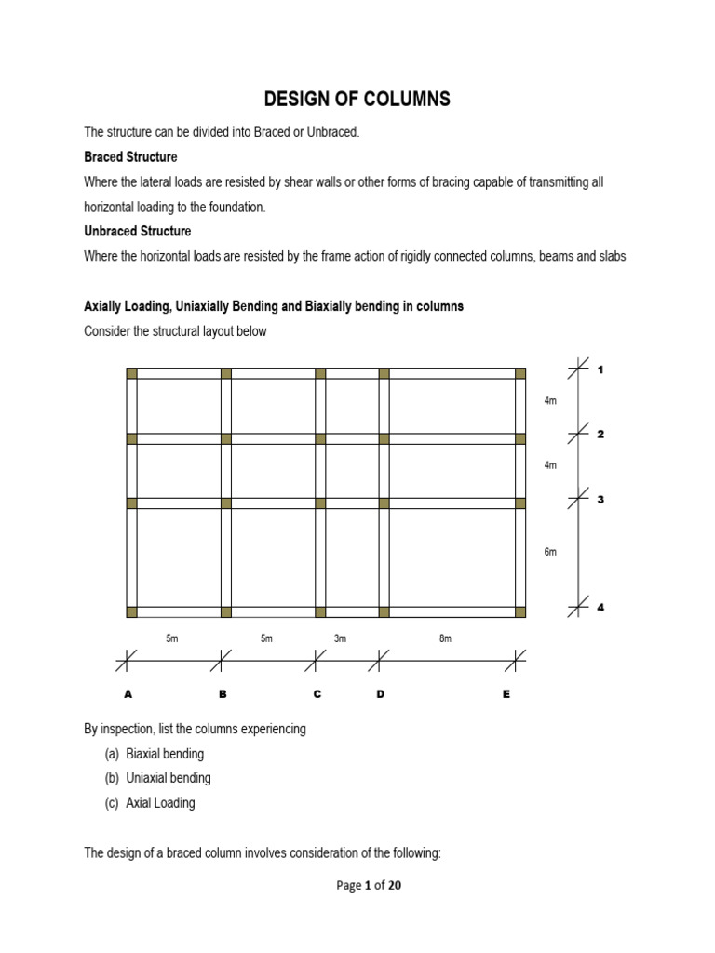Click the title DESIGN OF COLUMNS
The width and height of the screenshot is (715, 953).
tap(357, 99)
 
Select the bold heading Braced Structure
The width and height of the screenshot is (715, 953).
tap(130, 157)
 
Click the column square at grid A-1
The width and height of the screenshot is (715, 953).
tap(131, 373)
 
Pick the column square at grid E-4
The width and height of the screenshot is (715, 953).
tap(519, 611)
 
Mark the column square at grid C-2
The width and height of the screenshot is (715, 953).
tap(320, 438)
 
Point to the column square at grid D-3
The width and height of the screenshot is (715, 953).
tap(384, 503)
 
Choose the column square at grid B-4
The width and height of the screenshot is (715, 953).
tap(225, 611)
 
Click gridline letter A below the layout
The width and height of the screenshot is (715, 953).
tap(128, 694)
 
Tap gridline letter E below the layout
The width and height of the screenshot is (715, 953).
tap(506, 694)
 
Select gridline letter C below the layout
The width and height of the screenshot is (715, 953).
tap(317, 694)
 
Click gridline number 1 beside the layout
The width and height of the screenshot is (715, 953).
tap(600, 369)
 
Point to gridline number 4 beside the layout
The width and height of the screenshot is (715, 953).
tap(600, 608)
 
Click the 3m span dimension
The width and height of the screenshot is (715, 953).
tap(340, 638)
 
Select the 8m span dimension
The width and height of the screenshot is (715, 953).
tap(445, 638)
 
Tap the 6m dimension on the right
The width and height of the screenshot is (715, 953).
tap(550, 552)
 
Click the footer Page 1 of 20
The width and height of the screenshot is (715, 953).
tap(369, 886)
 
